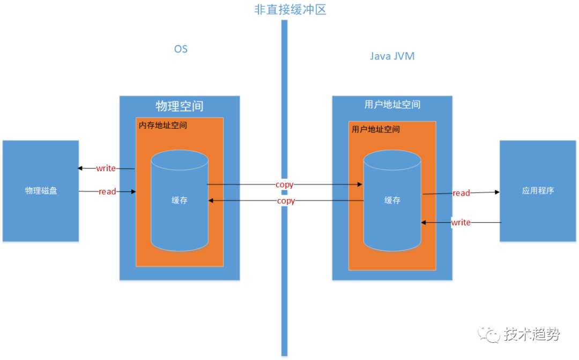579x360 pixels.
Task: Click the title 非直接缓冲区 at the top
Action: (x=290, y=10)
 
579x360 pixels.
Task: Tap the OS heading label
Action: (x=181, y=49)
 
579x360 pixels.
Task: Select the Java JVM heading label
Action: (x=392, y=56)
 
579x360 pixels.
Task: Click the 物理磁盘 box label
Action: (x=41, y=191)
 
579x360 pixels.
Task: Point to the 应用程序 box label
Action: (x=538, y=191)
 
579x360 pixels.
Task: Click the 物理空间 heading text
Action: (x=180, y=105)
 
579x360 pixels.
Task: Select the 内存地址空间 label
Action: (x=163, y=125)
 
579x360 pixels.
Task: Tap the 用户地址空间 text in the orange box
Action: (x=376, y=129)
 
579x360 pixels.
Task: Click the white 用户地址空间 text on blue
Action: (x=392, y=105)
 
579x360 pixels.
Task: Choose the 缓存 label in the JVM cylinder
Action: (x=392, y=200)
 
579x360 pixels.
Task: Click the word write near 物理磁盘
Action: (x=106, y=168)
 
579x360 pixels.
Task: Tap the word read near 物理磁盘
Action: (x=107, y=192)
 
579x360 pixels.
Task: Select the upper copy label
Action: (x=284, y=185)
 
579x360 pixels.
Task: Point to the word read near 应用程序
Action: (x=461, y=193)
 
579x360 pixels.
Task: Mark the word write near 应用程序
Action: (x=461, y=222)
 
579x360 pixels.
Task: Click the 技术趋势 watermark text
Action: (x=532, y=334)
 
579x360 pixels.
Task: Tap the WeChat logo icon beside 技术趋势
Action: (x=490, y=334)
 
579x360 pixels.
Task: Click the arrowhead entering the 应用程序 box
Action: (x=497, y=192)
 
